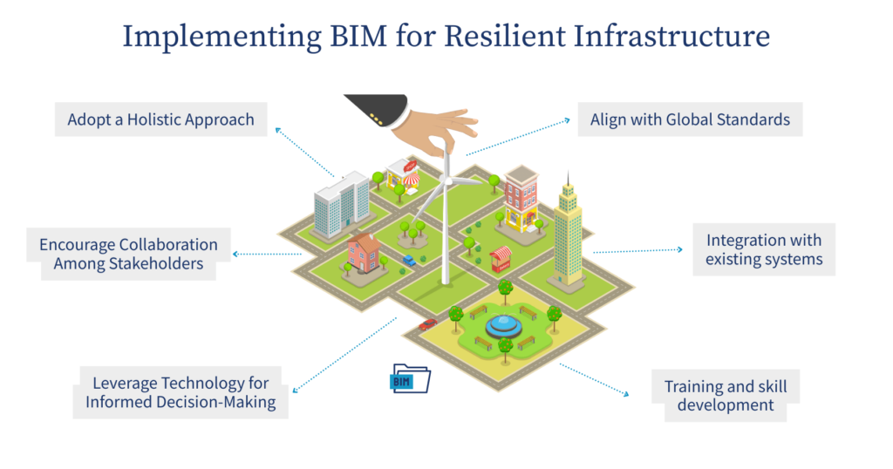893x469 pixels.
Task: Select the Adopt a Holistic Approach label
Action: click(161, 119)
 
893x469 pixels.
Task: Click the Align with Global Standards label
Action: click(690, 119)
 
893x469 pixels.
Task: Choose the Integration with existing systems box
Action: click(764, 249)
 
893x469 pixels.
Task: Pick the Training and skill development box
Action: click(719, 395)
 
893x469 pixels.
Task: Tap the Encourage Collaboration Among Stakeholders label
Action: click(128, 254)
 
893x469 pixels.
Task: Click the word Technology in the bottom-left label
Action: click(221, 383)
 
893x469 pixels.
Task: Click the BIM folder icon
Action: click(410, 379)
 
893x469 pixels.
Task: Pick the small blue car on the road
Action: click(409, 260)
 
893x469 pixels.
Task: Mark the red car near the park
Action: click(427, 324)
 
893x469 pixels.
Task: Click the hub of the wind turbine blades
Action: click(446, 180)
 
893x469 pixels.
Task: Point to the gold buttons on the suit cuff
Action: click(375, 115)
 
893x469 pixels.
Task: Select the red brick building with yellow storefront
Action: click(521, 198)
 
